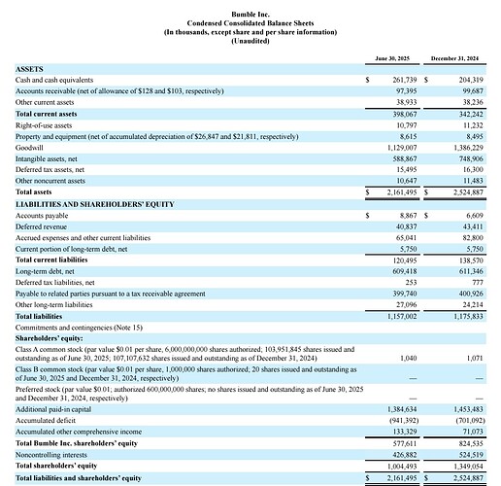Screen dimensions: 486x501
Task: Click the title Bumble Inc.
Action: click(250, 15)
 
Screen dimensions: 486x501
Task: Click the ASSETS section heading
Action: click(31, 70)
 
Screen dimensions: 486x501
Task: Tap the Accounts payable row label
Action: click(44, 216)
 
